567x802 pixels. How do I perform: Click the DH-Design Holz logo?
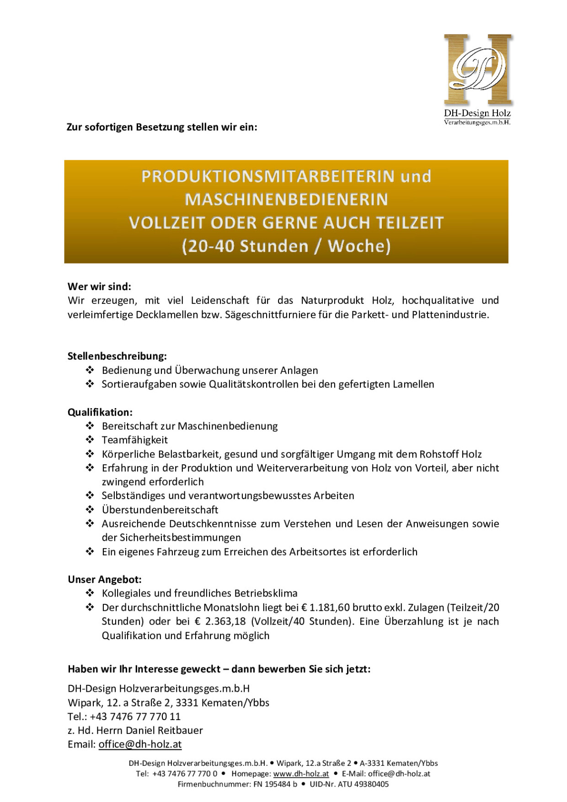tap(478, 78)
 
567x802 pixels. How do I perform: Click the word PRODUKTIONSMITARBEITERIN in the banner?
tap(267, 177)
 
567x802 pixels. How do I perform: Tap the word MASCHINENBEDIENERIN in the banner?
tap(286, 199)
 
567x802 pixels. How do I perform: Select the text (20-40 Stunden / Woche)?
tap(286, 246)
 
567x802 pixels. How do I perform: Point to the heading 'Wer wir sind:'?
tap(99, 287)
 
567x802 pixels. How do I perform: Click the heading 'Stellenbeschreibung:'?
tap(117, 356)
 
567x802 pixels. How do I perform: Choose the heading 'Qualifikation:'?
tap(100, 412)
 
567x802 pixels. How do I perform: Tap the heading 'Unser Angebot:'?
tap(105, 580)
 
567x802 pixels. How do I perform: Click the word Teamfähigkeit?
tap(134, 440)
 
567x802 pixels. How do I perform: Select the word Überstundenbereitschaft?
tap(160, 510)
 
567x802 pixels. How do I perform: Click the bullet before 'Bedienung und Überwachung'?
tap(90, 370)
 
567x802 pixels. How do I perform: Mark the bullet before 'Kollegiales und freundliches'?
tap(90, 593)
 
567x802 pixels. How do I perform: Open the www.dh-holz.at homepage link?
tap(301, 774)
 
